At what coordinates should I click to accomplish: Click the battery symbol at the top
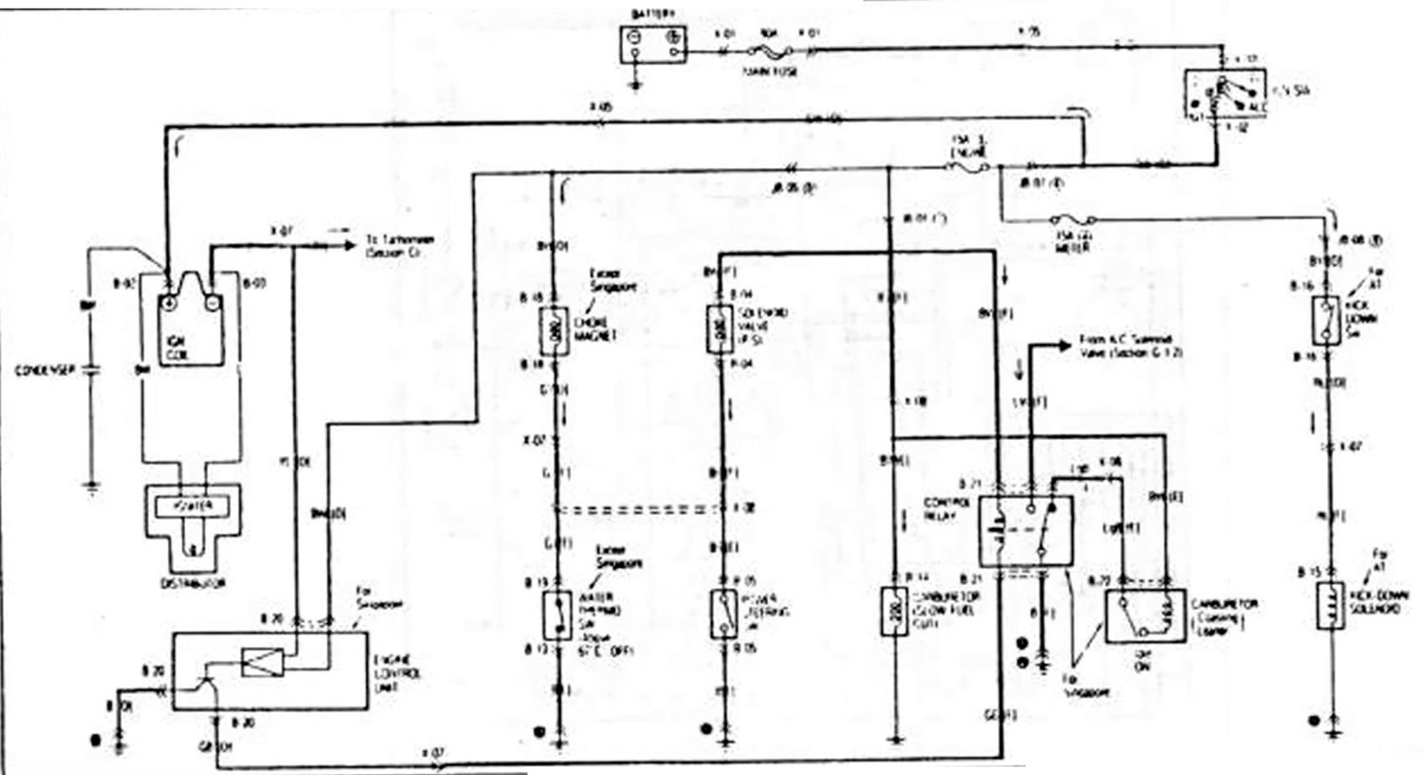pos(653,44)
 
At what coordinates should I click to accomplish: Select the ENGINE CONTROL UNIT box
pos(271,671)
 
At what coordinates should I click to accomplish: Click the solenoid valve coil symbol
pos(720,330)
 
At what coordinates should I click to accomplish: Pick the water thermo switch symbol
pos(553,614)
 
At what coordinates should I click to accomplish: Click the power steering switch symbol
pos(722,614)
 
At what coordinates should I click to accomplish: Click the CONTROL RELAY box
pos(1025,531)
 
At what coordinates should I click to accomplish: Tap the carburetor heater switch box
pos(1144,615)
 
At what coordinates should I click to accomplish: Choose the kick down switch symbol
pos(1327,320)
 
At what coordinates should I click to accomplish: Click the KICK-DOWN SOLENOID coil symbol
pos(1329,605)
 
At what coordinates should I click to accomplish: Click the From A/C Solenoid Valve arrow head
pos(1068,346)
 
